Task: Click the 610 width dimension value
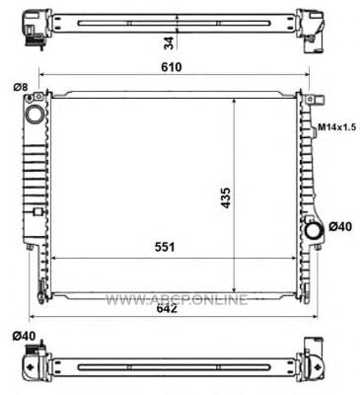point(172,67)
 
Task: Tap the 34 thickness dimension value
point(169,42)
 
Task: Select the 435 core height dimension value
point(226,197)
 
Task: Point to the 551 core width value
point(165,247)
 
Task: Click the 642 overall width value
point(167,308)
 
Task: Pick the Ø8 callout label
point(21,87)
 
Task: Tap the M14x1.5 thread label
point(336,127)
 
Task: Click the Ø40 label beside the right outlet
point(340,227)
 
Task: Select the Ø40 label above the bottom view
point(24,336)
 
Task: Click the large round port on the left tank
point(35,115)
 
